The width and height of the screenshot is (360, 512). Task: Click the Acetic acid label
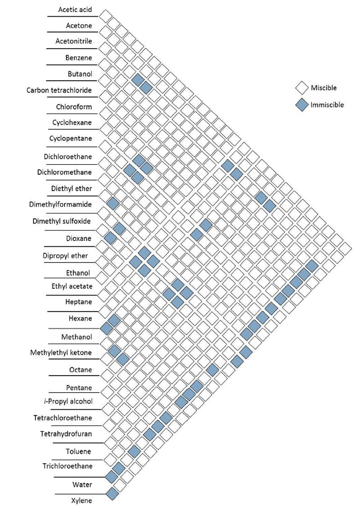(x=75, y=9)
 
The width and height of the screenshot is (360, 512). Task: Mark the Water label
(x=82, y=485)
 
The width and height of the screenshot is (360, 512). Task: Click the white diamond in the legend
(x=301, y=88)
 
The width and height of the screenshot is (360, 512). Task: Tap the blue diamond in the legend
(x=301, y=105)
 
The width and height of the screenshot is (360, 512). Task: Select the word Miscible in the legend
(x=324, y=88)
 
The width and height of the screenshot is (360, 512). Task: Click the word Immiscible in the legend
(x=327, y=105)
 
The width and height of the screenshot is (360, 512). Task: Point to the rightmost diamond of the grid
(x=345, y=248)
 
